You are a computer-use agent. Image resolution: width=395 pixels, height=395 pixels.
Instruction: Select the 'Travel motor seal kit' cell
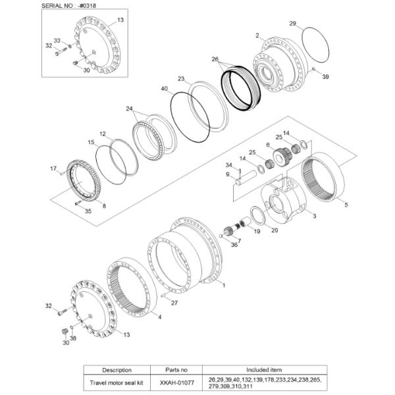click(x=116, y=381)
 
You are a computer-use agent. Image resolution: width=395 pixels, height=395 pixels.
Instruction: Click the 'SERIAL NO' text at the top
click(x=59, y=5)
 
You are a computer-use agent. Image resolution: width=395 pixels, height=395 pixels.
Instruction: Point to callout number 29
click(x=292, y=24)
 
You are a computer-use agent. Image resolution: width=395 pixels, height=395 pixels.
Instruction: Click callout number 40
click(x=164, y=88)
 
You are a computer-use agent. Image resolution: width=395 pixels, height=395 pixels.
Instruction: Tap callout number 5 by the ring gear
click(x=347, y=205)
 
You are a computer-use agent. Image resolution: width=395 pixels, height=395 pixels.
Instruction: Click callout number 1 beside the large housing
click(x=224, y=285)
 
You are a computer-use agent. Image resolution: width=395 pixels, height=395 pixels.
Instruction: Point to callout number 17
click(x=54, y=169)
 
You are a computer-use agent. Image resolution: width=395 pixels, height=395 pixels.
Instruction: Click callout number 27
click(x=174, y=303)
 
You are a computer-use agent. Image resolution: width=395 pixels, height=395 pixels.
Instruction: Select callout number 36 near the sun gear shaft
click(x=234, y=245)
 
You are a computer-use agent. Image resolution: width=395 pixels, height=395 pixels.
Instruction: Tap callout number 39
click(x=325, y=76)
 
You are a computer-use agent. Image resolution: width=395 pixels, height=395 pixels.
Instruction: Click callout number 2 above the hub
click(x=257, y=34)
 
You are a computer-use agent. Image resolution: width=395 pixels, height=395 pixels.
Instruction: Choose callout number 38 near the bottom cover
click(x=73, y=338)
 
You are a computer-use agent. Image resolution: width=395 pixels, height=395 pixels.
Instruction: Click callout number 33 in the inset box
click(x=56, y=41)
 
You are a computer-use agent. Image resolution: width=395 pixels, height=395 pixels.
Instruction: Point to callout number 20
click(x=275, y=230)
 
